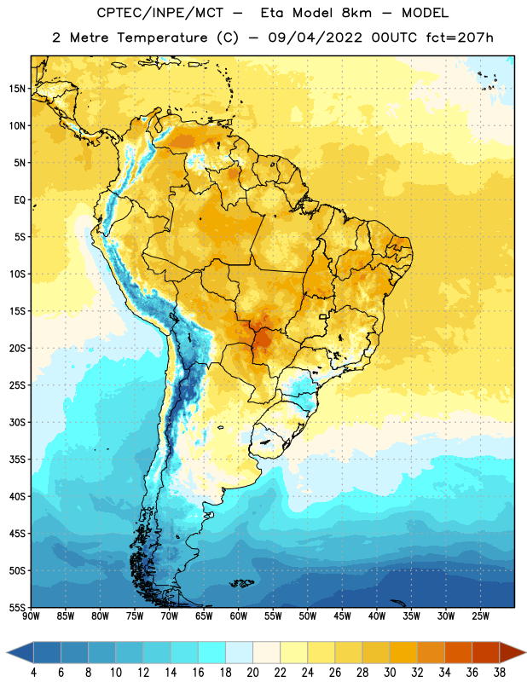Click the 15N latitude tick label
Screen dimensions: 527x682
[x=17, y=89]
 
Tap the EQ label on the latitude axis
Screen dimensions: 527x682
[x=20, y=200]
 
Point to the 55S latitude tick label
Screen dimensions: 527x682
[x=17, y=607]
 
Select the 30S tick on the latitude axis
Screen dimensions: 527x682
[x=17, y=422]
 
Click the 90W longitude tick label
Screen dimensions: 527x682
[x=31, y=616]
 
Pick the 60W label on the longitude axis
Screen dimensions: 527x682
[x=239, y=616]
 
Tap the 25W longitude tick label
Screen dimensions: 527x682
[x=481, y=616]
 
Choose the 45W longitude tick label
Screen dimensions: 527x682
[x=343, y=616]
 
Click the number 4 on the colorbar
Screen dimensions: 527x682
[x=33, y=673]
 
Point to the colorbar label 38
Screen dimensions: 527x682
[x=500, y=673]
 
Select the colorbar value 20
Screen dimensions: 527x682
[x=252, y=673]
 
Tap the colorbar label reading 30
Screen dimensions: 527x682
[x=390, y=673]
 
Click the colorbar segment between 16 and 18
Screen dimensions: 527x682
[x=211, y=652]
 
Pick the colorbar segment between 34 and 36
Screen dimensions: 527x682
[x=458, y=652]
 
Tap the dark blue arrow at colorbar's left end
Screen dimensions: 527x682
[x=20, y=652]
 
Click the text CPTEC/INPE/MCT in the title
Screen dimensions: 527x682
[x=159, y=13]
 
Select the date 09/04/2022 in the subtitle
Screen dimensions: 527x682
[x=315, y=38]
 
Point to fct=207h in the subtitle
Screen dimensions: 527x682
[x=460, y=38]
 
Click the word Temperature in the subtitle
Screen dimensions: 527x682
[x=162, y=38]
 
